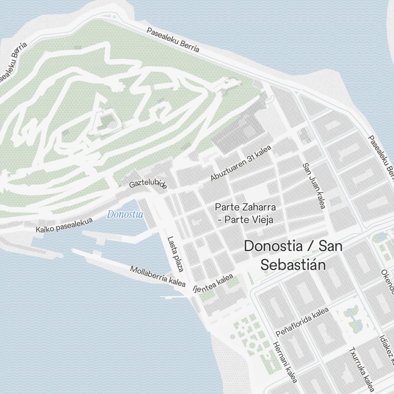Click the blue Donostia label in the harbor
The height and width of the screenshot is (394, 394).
click(x=125, y=215)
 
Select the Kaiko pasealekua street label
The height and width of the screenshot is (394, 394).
click(x=64, y=225)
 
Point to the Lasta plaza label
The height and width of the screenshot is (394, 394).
click(x=176, y=254)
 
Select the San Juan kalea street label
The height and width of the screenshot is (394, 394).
click(x=314, y=186)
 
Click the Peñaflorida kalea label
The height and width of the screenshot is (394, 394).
click(x=302, y=322)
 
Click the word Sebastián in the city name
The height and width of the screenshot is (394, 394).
click(x=293, y=264)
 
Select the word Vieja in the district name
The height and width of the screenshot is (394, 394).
click(x=260, y=219)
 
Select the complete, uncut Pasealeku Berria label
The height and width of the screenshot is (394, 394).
click(x=173, y=40)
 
